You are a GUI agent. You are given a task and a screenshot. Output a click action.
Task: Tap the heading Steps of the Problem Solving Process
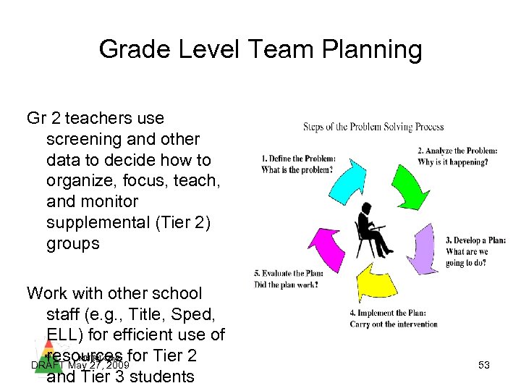(373, 127)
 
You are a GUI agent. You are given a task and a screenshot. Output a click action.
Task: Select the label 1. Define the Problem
(298, 159)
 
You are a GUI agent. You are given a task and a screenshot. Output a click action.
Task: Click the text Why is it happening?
(457, 161)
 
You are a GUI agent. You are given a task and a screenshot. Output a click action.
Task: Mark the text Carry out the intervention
(394, 324)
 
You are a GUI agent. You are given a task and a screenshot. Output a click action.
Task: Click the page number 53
(484, 365)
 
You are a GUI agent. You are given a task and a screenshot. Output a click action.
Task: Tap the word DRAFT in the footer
(48, 365)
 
